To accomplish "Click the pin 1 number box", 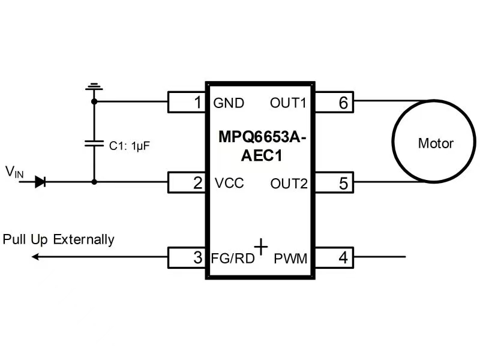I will (x=187, y=103).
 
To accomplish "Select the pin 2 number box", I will (x=187, y=182).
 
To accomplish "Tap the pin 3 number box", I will (x=187, y=258).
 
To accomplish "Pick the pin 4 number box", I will (x=334, y=258).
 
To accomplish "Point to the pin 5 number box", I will (x=334, y=182).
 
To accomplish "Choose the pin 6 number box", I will (x=334, y=103).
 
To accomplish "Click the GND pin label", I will (x=229, y=103).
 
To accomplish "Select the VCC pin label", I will (x=229, y=183).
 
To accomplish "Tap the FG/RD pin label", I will (x=233, y=259).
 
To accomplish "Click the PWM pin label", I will (x=290, y=259).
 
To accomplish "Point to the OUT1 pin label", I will (x=288, y=103).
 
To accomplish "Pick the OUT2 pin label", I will (x=289, y=183).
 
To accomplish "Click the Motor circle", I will (x=435, y=143).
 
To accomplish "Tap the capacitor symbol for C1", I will (x=94, y=144).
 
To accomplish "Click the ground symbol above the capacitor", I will (x=94, y=89).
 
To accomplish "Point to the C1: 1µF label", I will (x=128, y=145).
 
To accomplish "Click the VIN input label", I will (x=15, y=173).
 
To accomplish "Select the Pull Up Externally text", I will (x=58, y=239).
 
